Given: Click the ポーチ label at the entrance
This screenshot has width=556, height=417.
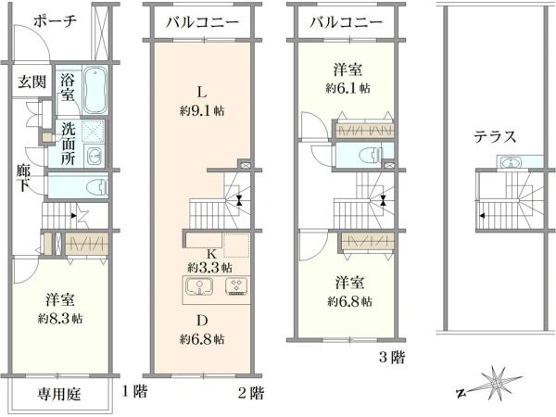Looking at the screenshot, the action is [x=55, y=21].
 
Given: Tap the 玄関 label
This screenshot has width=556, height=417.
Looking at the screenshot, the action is [x=32, y=82].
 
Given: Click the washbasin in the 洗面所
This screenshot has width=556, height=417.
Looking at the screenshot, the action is [x=95, y=156].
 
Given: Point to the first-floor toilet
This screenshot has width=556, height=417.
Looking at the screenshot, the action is [x=98, y=186].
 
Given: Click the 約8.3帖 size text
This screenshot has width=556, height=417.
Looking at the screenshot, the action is [x=60, y=319].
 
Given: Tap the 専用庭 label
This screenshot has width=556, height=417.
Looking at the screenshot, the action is [x=59, y=395].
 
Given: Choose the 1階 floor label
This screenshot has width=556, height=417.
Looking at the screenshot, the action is [x=134, y=391].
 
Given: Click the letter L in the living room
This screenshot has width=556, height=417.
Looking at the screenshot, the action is [x=202, y=93].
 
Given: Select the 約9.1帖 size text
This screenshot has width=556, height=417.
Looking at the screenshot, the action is [x=202, y=111].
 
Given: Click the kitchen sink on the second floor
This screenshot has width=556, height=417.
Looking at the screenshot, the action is [x=198, y=285].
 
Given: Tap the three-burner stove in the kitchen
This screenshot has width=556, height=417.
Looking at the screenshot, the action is [x=237, y=286].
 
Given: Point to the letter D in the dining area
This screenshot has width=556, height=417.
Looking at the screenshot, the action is [x=202, y=321].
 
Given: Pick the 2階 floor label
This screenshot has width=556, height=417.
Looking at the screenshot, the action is [x=251, y=393].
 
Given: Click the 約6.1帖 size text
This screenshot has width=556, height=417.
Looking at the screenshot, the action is [x=348, y=88].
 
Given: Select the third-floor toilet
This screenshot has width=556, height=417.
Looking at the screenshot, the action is [x=370, y=156].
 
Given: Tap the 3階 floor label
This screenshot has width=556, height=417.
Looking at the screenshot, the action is [x=392, y=357].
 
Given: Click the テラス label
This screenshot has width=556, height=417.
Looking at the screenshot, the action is [x=496, y=136].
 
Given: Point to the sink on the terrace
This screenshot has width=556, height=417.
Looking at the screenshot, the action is [x=510, y=163].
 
